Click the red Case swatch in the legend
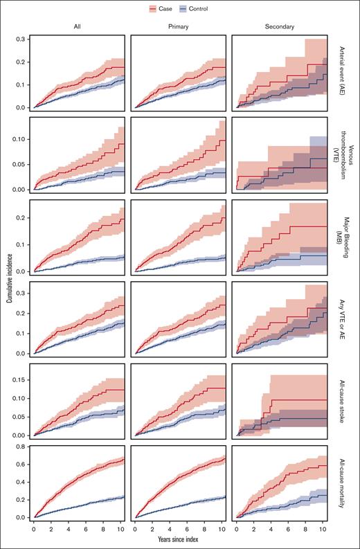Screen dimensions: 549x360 (152, 9)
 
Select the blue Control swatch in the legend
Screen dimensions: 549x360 (183, 9)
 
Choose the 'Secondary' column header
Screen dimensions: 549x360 (279, 27)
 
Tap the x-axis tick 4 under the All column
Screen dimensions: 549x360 (68, 528)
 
